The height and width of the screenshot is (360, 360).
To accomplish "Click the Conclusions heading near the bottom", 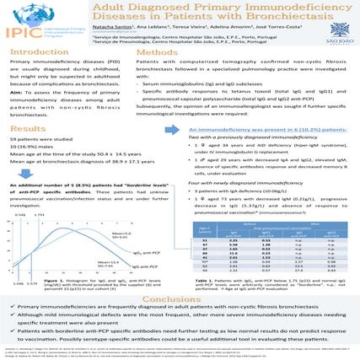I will tap(180, 277).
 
